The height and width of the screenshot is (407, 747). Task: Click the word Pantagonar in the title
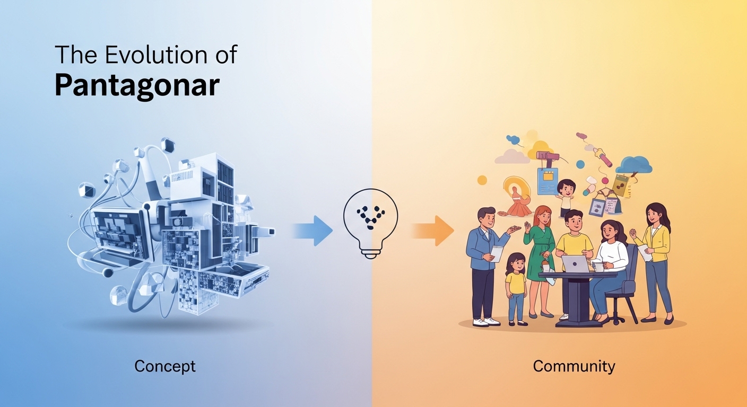137,85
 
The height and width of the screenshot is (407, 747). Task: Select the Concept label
165,366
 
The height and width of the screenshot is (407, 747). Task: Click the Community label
574,366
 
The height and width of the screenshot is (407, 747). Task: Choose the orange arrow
433,231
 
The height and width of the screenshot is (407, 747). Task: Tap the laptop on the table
574,263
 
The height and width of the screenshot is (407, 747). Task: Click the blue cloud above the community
633,165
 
